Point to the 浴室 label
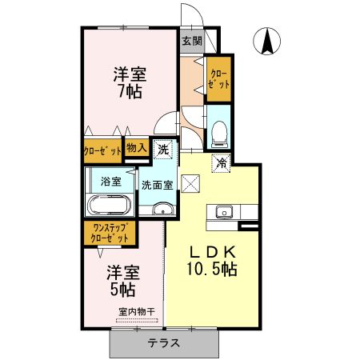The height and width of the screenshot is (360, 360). tap(110, 182)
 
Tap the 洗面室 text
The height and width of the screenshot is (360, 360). tap(156, 185)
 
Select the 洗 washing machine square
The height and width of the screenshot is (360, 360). tap(163, 149)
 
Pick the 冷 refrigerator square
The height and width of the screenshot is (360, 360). tap(221, 162)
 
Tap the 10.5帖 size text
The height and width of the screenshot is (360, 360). tap(211, 270)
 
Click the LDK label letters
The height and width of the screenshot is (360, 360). tap(210, 250)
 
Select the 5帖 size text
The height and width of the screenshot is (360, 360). tap(122, 288)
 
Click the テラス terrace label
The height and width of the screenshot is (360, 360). tap(163, 343)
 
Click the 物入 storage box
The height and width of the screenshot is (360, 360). tap(137, 147)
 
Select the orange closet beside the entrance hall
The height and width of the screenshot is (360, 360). tap(218, 78)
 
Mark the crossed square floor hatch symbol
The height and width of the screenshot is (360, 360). tap(190, 182)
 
